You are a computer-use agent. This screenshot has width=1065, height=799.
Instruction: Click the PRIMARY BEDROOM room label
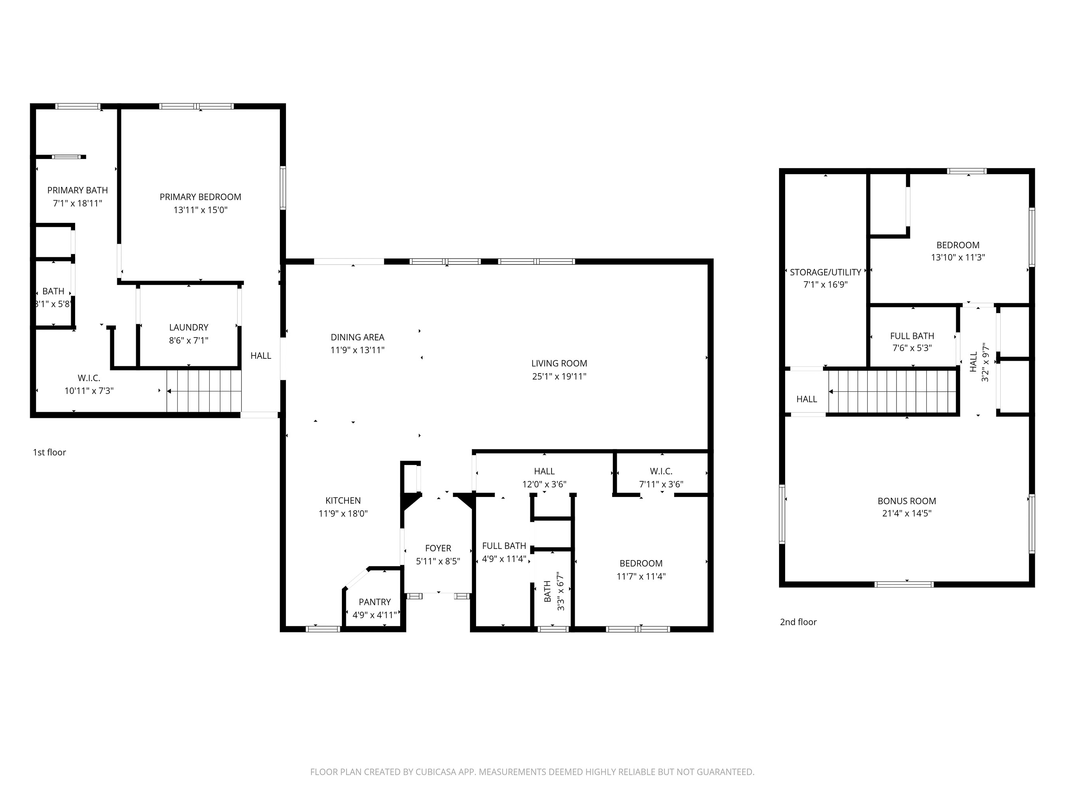click(x=200, y=197)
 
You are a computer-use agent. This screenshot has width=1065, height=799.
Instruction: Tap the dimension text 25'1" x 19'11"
click(x=559, y=377)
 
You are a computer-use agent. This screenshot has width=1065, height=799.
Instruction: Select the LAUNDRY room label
click(x=189, y=328)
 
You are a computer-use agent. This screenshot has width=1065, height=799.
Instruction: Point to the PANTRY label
click(x=375, y=602)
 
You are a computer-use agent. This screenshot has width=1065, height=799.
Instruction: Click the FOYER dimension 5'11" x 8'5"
click(x=438, y=561)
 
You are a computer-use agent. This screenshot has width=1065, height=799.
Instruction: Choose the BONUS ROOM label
click(x=906, y=501)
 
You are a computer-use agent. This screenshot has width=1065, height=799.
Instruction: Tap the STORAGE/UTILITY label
click(x=825, y=272)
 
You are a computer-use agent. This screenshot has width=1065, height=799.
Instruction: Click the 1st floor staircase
click(x=204, y=391)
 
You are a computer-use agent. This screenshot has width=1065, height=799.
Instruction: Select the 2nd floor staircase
click(x=892, y=391)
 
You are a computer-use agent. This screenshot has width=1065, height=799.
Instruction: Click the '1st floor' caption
click(x=49, y=452)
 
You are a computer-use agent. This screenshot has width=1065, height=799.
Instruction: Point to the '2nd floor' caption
click(x=798, y=622)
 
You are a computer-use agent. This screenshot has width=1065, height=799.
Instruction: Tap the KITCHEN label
click(x=343, y=501)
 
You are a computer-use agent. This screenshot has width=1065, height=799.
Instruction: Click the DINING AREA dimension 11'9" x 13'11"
click(x=357, y=350)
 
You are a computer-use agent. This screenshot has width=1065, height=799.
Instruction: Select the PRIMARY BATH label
click(x=77, y=190)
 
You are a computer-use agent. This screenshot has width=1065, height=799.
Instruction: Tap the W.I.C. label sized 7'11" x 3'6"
click(x=661, y=471)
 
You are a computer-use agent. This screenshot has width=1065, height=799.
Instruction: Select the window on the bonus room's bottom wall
click(x=904, y=584)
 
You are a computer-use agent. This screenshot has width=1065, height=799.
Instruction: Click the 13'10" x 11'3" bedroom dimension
click(x=958, y=258)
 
